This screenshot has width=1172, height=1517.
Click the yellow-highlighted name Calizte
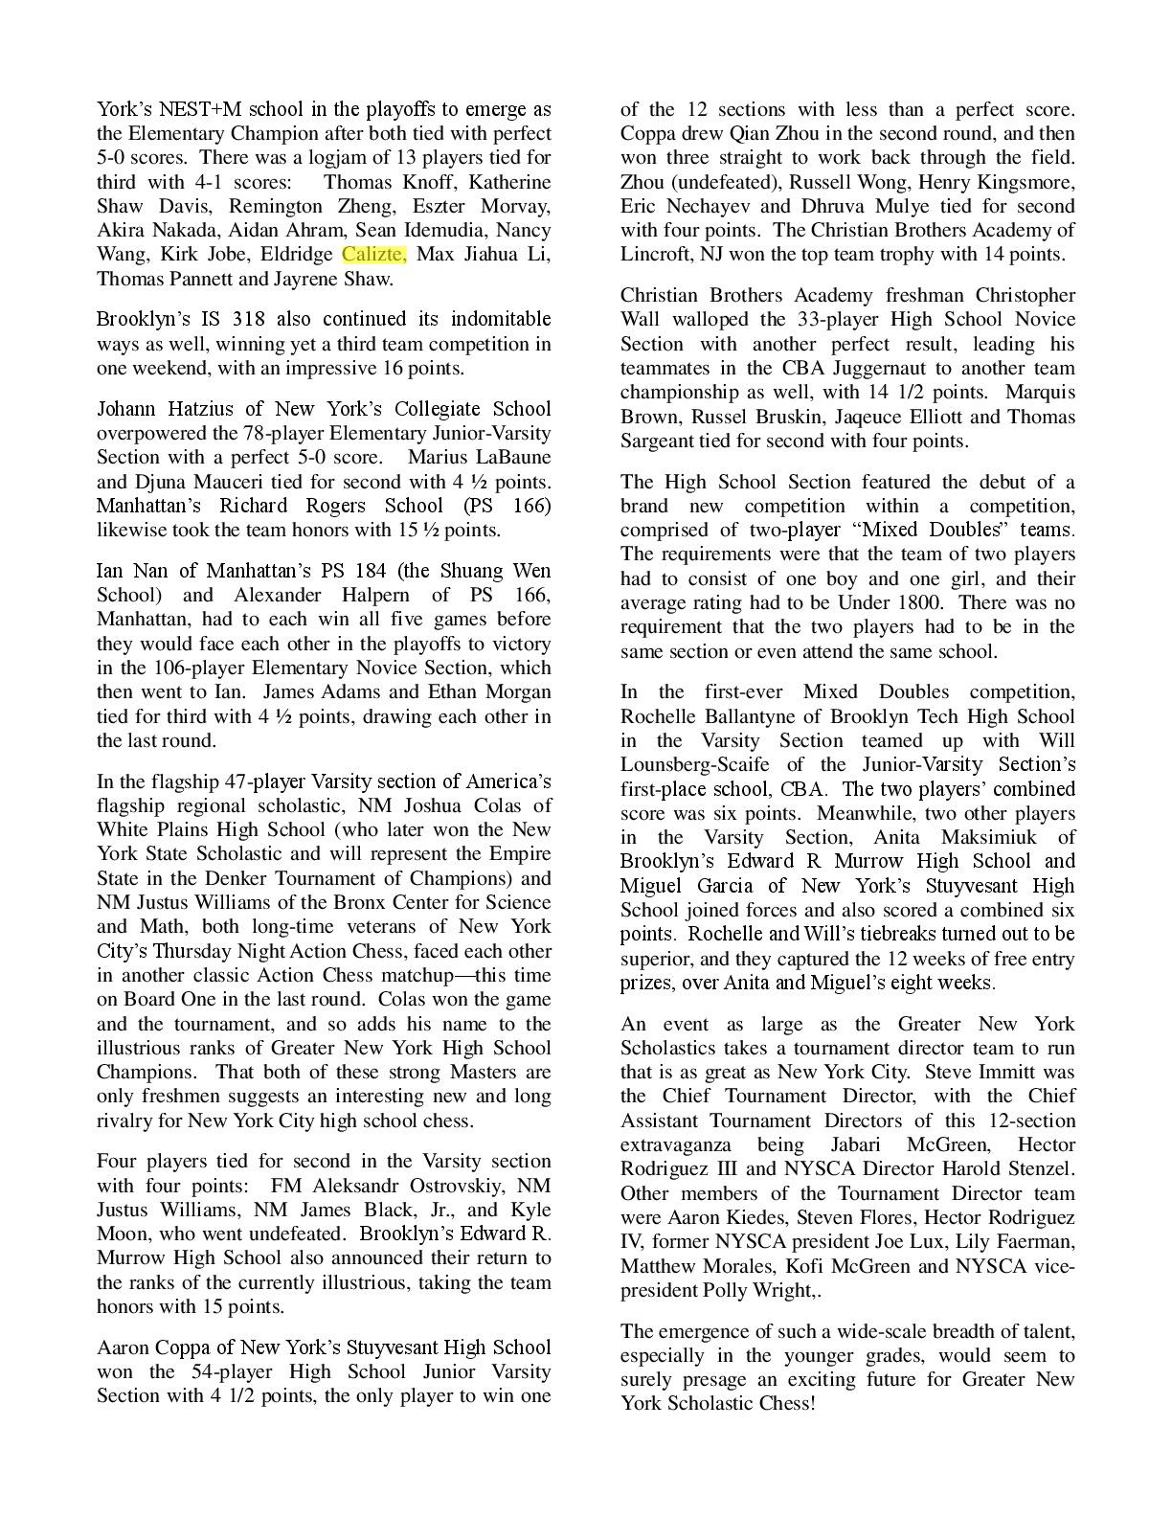[x=373, y=254]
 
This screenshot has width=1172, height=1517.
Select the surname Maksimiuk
[x=992, y=837]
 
